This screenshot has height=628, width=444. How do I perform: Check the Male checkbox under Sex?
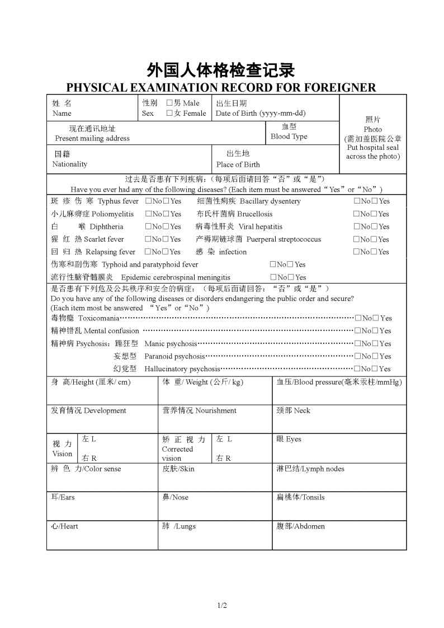tap(169, 103)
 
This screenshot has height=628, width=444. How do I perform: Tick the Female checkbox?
tap(169, 113)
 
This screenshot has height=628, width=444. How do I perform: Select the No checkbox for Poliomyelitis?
tap(148, 214)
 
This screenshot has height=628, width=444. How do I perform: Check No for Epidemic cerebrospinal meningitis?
tap(273, 277)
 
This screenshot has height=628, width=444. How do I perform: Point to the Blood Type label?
tap(289, 136)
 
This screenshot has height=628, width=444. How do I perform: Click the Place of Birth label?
tap(238, 164)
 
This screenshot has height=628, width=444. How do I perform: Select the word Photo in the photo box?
tap(373, 129)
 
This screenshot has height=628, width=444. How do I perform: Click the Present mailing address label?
tap(92, 138)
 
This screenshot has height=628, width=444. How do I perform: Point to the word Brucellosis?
tap(255, 214)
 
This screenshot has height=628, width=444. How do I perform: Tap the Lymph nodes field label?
tap(310, 469)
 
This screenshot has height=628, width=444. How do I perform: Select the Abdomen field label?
tap(300, 526)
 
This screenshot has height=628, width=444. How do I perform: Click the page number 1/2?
tap(222, 605)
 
